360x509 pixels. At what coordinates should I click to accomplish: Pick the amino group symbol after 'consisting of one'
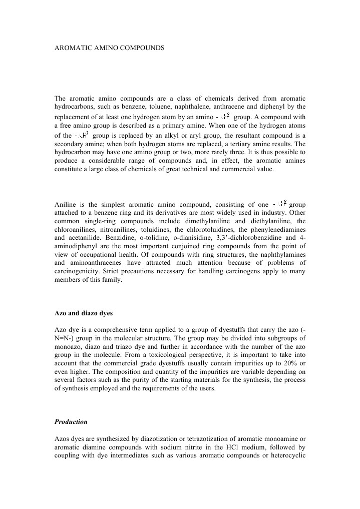tap(280, 204)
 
